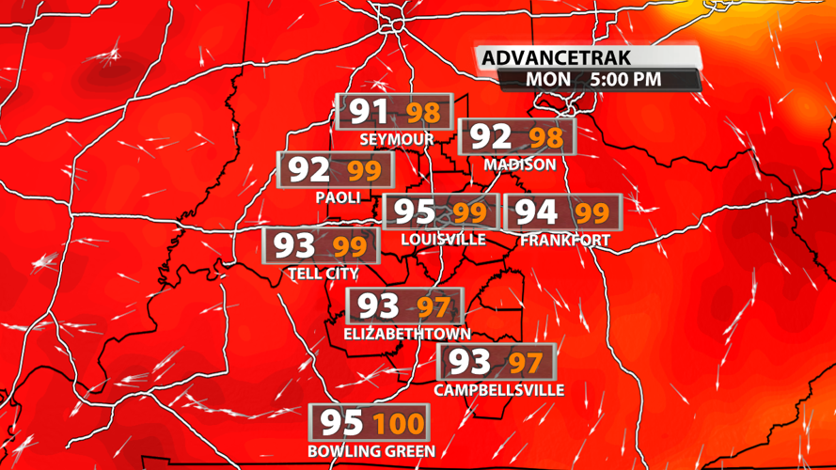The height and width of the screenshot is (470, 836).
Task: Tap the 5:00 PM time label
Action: tap(626, 80)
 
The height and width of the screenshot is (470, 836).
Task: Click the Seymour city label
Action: tap(396, 139)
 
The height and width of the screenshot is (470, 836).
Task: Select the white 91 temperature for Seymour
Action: tap(369, 113)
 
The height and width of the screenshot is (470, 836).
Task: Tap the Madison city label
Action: tap(519, 164)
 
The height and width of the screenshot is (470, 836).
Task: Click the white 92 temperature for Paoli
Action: tap(308, 170)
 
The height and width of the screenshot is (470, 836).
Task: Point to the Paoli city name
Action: tap(339, 196)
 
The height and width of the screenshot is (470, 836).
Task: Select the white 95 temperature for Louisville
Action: tap(414, 212)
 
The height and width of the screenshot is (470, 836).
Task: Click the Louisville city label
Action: tap(443, 239)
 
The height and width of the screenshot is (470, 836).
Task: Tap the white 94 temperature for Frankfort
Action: tap(537, 212)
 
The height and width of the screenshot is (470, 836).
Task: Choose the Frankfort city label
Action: tap(565, 240)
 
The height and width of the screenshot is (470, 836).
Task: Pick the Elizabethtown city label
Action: tap(406, 334)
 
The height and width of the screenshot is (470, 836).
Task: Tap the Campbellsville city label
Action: tap(498, 389)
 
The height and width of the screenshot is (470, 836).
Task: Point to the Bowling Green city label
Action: tap(371, 450)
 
